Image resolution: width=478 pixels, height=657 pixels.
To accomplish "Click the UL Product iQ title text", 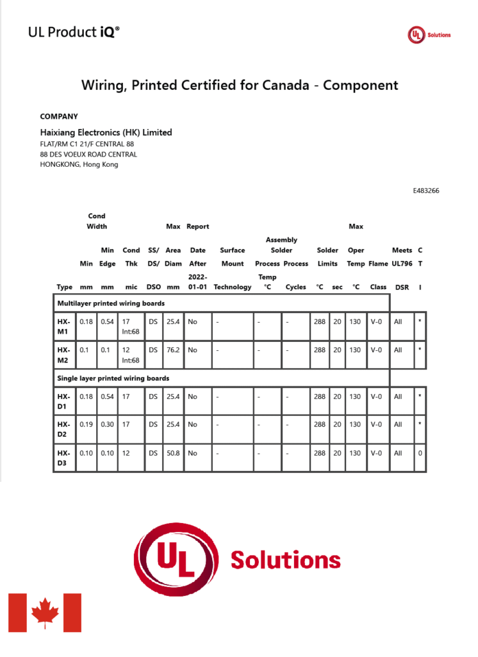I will tap(74, 32).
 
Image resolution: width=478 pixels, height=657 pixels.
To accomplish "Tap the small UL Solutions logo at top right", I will tap(429, 35).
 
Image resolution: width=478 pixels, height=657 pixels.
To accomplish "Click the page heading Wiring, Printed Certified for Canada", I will tap(239, 85).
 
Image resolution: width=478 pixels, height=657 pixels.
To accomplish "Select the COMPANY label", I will tap(59, 117).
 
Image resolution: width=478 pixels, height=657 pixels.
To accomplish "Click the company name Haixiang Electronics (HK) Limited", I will tap(106, 133).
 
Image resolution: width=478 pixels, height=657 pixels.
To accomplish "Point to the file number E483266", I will tap(426, 191).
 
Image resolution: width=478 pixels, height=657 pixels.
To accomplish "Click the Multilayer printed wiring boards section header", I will tap(111, 303).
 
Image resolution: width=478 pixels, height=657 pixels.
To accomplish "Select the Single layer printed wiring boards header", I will tap(113, 378).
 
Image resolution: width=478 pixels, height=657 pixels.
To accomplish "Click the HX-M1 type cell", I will tap(63, 326).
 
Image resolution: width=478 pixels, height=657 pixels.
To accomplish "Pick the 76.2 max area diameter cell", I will tap(173, 350).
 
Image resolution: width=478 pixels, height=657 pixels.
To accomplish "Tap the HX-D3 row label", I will tap(63, 457).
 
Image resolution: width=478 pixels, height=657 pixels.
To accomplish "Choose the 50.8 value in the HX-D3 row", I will tap(173, 453).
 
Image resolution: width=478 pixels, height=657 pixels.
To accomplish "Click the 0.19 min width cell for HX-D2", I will tap(86, 425).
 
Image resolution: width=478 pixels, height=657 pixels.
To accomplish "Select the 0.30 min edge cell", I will tap(107, 425).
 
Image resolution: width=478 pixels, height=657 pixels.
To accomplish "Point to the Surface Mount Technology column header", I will tap(232, 269).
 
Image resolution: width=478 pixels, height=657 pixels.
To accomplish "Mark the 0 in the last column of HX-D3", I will tap(420, 453).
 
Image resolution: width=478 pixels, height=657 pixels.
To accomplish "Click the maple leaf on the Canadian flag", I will tap(45, 612).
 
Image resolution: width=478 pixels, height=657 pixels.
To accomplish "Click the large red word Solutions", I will tap(285, 559).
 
